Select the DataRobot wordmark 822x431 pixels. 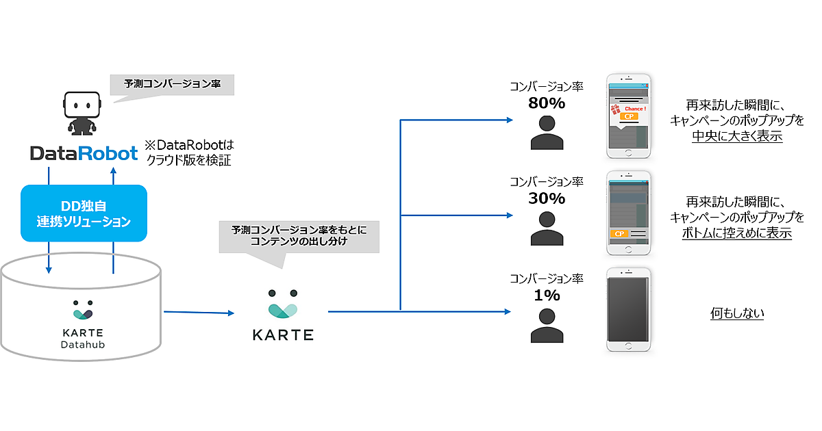pyautogui.click(x=84, y=153)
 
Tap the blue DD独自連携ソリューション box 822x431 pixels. pyautogui.click(x=84, y=213)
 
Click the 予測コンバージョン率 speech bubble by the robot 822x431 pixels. pyautogui.click(x=172, y=84)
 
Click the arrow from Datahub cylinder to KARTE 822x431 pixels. pyautogui.click(x=199, y=313)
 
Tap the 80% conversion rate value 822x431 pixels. pyautogui.click(x=546, y=103)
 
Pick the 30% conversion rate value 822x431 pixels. pyautogui.click(x=546, y=198)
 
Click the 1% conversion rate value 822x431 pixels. pyautogui.click(x=546, y=295)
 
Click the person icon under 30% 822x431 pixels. pyautogui.click(x=546, y=228)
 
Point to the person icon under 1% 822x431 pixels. pyautogui.click(x=546, y=325)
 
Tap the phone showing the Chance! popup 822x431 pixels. pyautogui.click(x=628, y=116)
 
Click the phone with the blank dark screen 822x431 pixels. pyautogui.click(x=628, y=310)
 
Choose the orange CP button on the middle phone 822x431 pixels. pyautogui.click(x=619, y=234)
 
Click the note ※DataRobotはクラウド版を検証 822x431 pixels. pyautogui.click(x=188, y=153)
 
